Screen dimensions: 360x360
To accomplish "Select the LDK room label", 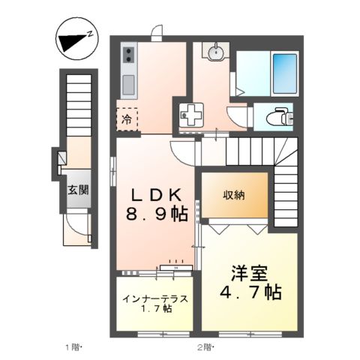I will pyautogui.click(x=154, y=193).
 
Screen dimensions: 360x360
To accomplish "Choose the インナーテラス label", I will pyautogui.click(x=155, y=298).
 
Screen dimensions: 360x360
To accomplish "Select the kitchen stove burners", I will pyautogui.click(x=127, y=54).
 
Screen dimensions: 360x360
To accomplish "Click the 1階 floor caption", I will pyautogui.click(x=70, y=346).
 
